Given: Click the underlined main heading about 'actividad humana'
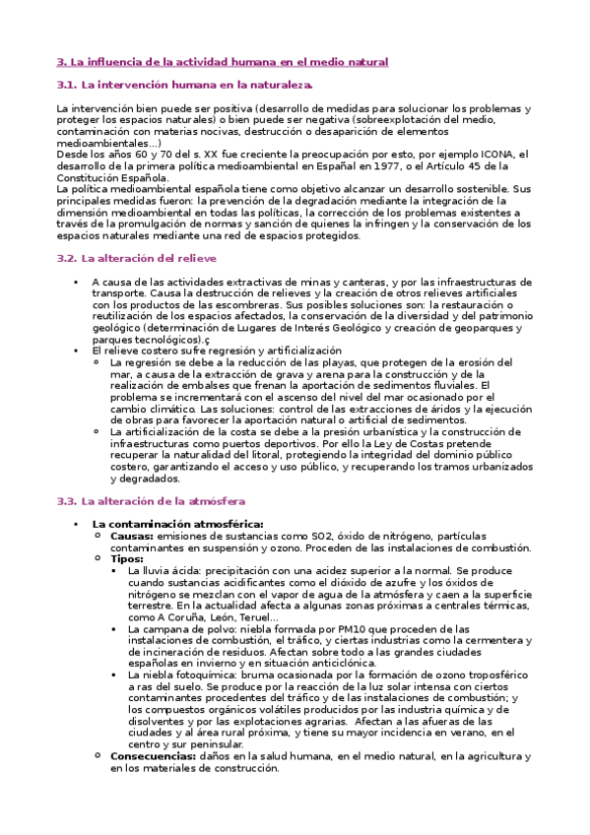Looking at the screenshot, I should [223, 62].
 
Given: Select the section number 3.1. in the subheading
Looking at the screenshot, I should [67, 85].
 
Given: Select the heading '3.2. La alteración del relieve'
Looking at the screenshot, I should [136, 258].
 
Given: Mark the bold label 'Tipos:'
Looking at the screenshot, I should [128, 558].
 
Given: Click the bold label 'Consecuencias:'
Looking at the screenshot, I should [153, 755].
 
